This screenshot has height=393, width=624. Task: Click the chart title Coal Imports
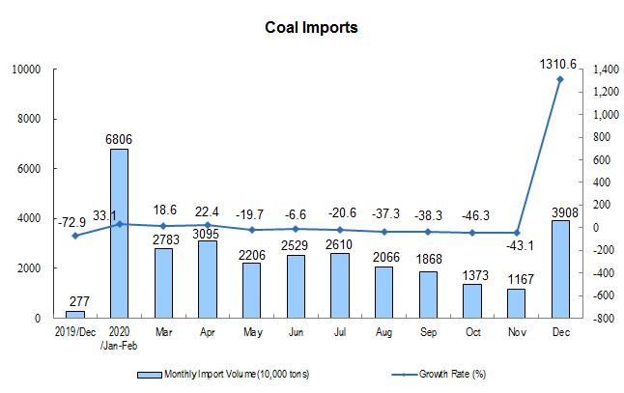click(x=311, y=27)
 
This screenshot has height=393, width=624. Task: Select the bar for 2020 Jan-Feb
click(x=119, y=233)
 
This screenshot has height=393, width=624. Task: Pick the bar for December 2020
click(x=560, y=268)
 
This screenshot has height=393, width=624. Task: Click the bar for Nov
click(x=517, y=302)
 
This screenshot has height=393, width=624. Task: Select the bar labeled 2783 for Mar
click(x=163, y=283)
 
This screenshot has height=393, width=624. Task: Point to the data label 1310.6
click(x=559, y=64)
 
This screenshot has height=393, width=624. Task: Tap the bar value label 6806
click(x=119, y=139)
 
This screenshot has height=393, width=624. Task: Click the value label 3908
click(x=560, y=211)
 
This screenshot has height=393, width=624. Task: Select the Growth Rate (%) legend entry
click(x=453, y=373)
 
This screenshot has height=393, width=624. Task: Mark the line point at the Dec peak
click(x=560, y=80)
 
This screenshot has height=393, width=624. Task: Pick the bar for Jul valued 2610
click(x=340, y=285)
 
